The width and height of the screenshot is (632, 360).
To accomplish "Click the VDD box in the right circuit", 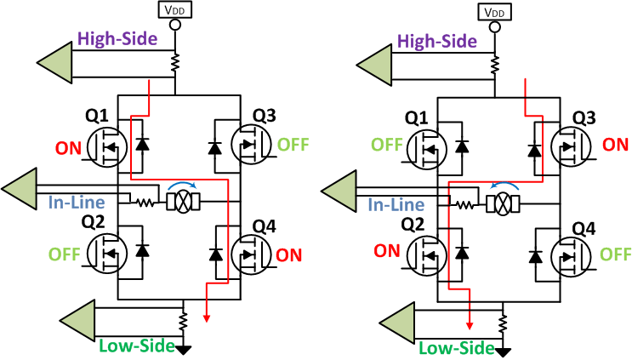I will (x=494, y=12).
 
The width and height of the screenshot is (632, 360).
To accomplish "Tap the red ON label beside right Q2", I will (x=386, y=252).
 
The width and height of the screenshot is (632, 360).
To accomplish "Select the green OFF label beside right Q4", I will (x=615, y=254).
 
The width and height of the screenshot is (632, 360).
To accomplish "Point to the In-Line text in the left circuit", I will (x=76, y=203).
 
